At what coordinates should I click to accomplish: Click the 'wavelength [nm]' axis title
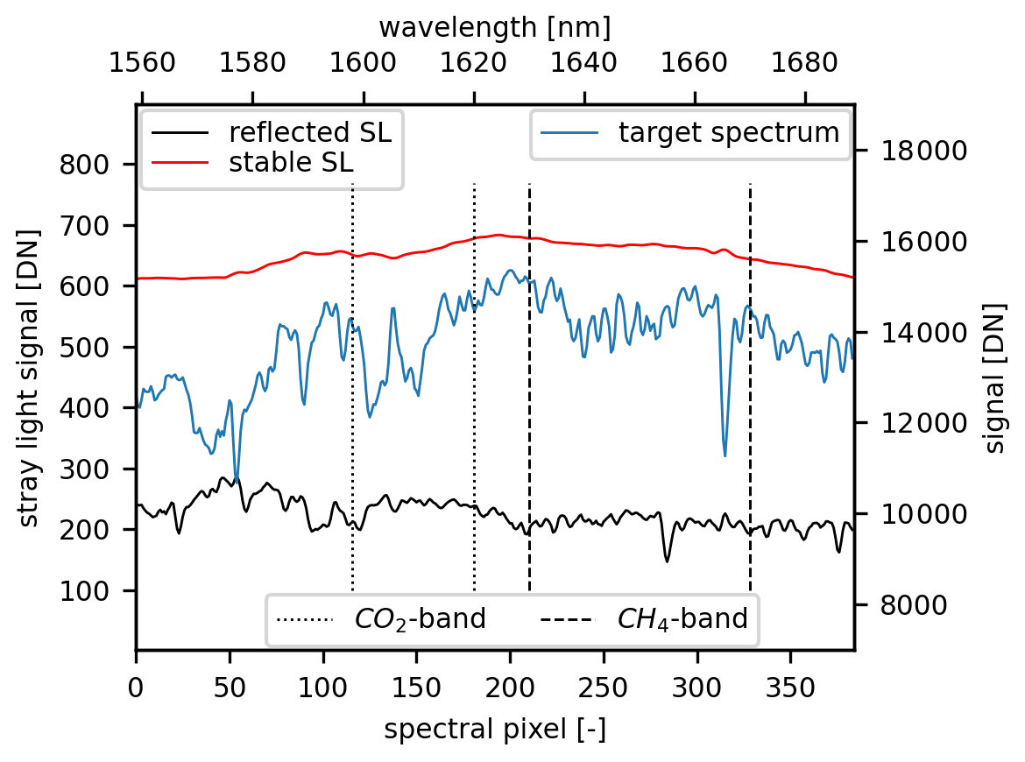[x=495, y=28]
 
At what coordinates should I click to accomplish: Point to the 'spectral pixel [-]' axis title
[x=495, y=730]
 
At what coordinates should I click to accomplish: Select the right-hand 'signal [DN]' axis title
[x=995, y=377]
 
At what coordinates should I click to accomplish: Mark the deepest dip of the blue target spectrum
[x=725, y=455]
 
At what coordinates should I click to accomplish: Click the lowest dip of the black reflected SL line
[x=667, y=561]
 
